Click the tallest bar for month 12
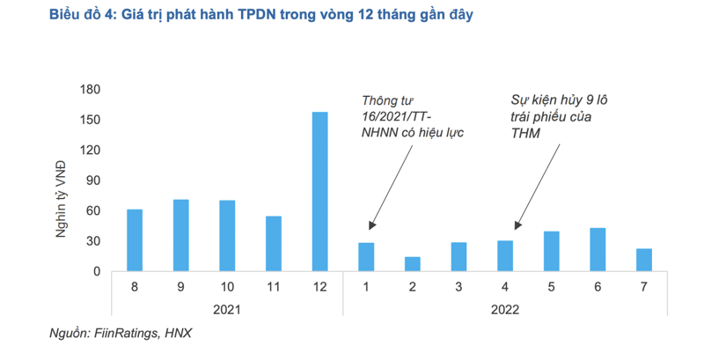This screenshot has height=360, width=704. [x=319, y=192]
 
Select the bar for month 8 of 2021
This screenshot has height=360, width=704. [x=134, y=240]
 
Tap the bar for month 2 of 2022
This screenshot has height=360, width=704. [x=413, y=264]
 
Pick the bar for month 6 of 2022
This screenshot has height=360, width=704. [x=598, y=250]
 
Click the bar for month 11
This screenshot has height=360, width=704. [x=273, y=244]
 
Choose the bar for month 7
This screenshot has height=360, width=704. [x=644, y=260]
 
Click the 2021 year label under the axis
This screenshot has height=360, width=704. [x=226, y=309]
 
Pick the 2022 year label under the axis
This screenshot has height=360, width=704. [x=505, y=309]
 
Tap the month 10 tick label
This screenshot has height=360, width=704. [x=227, y=287]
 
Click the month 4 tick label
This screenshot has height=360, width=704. [x=505, y=287]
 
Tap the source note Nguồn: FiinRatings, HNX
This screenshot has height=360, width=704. [x=121, y=334]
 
